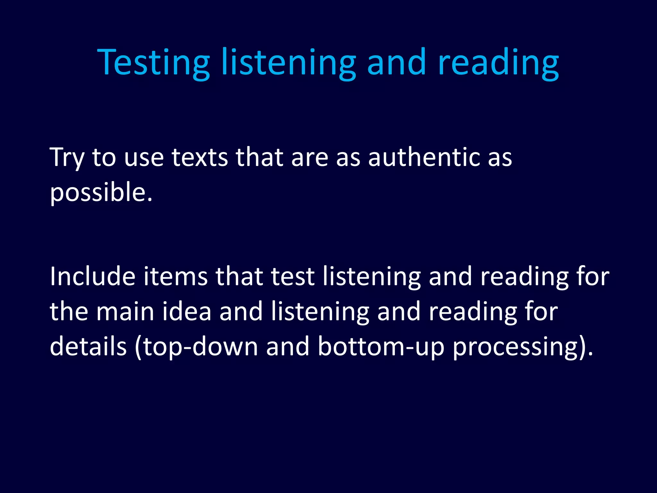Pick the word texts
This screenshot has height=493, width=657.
[x=200, y=157]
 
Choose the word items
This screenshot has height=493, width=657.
[x=175, y=277]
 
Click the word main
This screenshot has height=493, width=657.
[x=125, y=311]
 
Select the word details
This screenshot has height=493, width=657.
[x=88, y=347]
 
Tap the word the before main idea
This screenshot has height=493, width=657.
[x=69, y=311]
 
